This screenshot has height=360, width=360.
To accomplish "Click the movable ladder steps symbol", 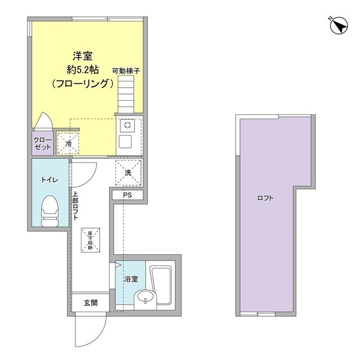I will pyautogui.click(x=128, y=95).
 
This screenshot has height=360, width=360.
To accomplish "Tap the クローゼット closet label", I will pyautogui.click(x=42, y=143).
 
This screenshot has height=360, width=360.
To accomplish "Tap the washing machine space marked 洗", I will pyautogui.click(x=128, y=173).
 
